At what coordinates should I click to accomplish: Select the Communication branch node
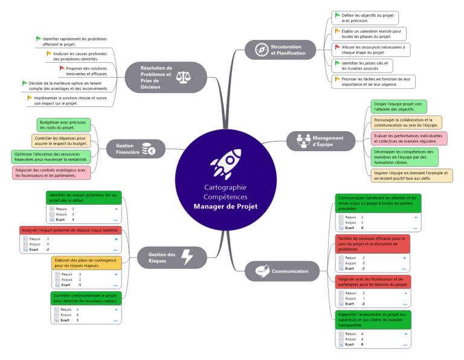pos(282,271)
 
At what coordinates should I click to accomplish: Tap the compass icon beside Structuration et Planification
pos(261,50)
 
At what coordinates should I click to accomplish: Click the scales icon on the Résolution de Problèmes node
pos(182,77)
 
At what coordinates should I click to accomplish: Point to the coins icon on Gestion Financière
pos(148,149)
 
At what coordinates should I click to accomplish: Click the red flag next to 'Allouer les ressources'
pos(337,47)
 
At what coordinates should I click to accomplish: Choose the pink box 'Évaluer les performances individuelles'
pos(409,139)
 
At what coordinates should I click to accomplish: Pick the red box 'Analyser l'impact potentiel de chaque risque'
pos(69,231)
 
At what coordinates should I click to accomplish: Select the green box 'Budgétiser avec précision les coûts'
pos(62,124)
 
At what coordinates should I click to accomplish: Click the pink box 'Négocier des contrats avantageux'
pos(51,173)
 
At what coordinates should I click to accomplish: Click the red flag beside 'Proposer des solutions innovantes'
pos(62,68)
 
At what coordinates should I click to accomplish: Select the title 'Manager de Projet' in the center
pos(225,206)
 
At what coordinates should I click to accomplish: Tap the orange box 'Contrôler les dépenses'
pos(61,141)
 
